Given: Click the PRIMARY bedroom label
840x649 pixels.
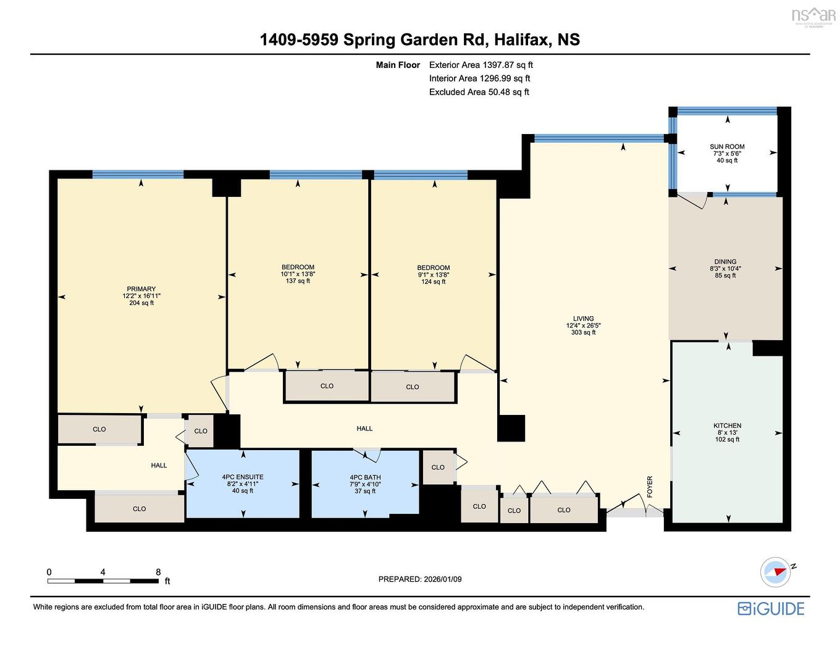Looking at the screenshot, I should (x=141, y=289).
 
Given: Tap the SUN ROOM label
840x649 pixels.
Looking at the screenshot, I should (x=727, y=147).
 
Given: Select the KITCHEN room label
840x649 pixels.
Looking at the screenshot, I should (x=727, y=425).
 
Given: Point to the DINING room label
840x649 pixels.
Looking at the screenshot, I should (x=726, y=262).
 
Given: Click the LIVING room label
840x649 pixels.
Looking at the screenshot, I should (x=583, y=319).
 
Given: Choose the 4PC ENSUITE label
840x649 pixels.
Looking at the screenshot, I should (x=243, y=477).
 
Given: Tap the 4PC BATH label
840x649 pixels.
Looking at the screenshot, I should (x=365, y=477).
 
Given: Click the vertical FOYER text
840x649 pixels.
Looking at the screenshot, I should (x=650, y=487).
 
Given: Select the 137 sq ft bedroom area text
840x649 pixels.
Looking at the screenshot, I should (x=298, y=281).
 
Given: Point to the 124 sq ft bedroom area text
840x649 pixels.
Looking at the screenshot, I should (x=434, y=282).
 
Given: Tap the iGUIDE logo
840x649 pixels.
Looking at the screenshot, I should (x=771, y=608).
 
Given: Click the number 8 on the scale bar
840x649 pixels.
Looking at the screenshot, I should (x=159, y=572).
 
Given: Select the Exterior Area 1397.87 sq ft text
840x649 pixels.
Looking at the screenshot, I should (x=481, y=65).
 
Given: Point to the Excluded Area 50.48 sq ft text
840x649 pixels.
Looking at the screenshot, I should (x=479, y=92).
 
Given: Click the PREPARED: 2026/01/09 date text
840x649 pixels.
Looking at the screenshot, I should (x=420, y=579).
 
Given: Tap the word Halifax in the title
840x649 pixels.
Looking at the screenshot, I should (x=522, y=40).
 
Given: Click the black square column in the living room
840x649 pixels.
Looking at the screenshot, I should (x=511, y=428).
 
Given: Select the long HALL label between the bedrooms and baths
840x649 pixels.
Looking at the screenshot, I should (x=364, y=429).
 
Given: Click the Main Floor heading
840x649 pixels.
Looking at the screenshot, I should (x=398, y=65).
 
